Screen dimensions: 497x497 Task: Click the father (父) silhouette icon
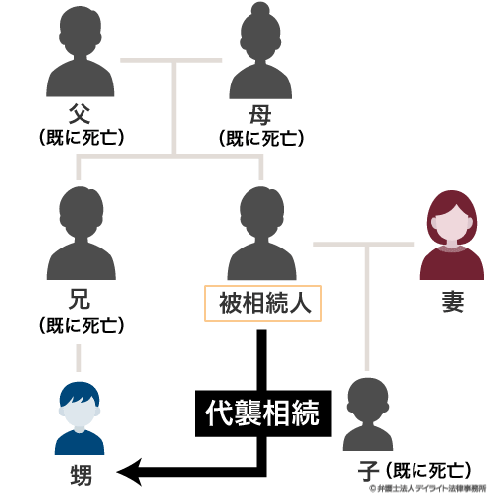coord(81,52)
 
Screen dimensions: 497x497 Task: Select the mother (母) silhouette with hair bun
coord(260,52)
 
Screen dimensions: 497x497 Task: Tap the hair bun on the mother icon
coord(260,9)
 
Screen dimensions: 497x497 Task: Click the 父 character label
coord(80,113)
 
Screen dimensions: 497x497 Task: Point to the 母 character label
coord(260,115)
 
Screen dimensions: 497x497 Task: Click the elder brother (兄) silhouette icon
coord(82,233)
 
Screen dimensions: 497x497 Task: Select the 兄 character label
coord(80,299)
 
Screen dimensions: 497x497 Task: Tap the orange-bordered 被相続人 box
coord(262,303)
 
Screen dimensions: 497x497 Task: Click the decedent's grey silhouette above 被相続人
coord(261,233)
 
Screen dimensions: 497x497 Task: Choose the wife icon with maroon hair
coord(452,235)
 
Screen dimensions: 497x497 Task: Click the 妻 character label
coord(453,302)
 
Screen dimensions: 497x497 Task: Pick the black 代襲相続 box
coord(263,414)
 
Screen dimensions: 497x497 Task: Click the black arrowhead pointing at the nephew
coord(129,472)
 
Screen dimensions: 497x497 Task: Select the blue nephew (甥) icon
coord(80,418)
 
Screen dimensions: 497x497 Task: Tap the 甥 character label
coord(81,475)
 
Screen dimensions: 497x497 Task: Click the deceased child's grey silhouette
coord(368,414)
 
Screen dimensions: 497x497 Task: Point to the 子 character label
coord(368,471)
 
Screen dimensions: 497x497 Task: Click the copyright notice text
coord(427,488)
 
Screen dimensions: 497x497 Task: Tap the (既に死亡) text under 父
coord(82,137)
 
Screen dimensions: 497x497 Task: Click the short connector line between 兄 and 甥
coord(79,358)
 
